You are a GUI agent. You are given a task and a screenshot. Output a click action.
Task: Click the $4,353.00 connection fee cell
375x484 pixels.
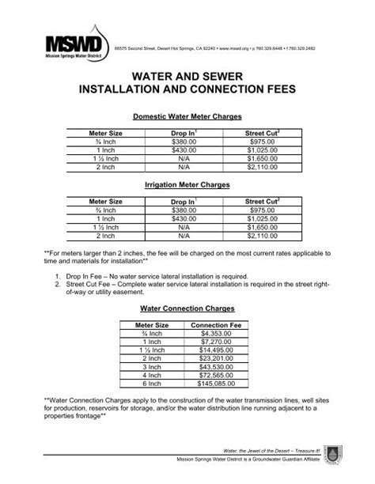coord(216,335)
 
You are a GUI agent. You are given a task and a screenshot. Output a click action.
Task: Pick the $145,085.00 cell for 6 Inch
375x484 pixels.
coord(216,383)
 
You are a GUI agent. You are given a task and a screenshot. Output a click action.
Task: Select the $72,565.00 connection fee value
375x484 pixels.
coord(216,375)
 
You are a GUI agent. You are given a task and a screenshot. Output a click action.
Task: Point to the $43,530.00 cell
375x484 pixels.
coord(216,367)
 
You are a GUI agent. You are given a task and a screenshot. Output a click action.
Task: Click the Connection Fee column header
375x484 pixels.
coord(216,325)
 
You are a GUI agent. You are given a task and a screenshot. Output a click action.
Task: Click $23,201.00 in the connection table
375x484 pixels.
coord(216,359)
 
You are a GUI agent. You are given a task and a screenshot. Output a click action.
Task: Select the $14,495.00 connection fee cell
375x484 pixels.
coord(216,351)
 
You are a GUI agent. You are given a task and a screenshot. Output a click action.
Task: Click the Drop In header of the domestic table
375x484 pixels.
coord(184,133)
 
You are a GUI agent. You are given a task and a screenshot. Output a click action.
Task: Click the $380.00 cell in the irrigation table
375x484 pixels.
coord(184,211)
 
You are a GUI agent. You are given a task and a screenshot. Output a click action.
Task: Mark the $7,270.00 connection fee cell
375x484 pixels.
coord(216,342)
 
